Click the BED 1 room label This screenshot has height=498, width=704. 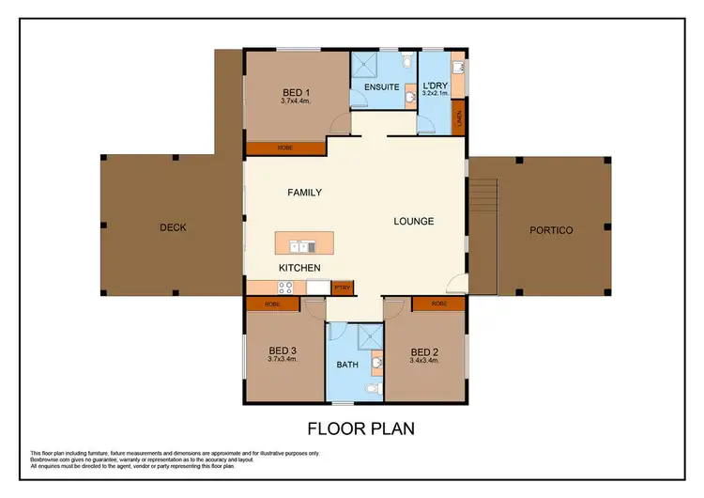coord(294,91)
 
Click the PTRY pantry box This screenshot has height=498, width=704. coord(343,288)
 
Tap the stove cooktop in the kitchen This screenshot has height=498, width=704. coord(285,288)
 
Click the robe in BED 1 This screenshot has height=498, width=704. coord(284,148)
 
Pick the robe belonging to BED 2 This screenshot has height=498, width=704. coord(438,303)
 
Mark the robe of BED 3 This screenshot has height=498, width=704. coord(272,303)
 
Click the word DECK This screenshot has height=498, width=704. coord(172,227)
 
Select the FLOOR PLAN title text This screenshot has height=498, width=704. coord(361,428)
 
